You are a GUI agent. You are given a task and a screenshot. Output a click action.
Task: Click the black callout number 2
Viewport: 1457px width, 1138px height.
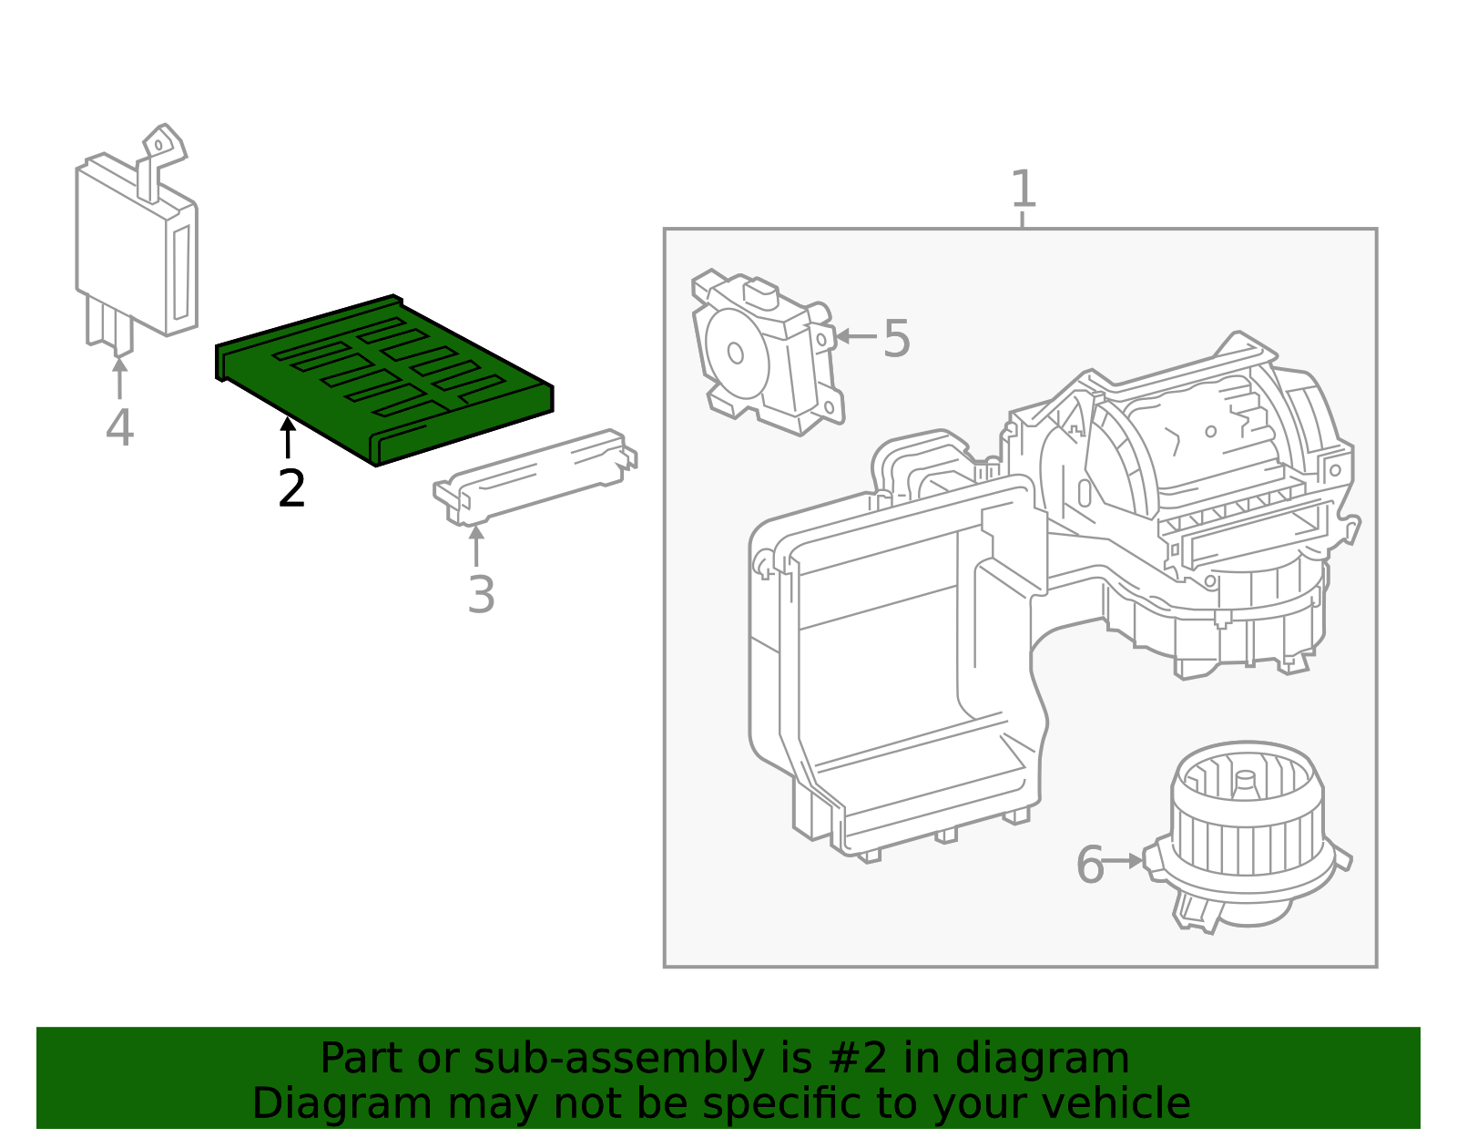point(291,489)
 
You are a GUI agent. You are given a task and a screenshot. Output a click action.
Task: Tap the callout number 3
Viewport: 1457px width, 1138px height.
point(481,595)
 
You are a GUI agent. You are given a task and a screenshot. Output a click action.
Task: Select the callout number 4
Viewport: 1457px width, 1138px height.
point(119,427)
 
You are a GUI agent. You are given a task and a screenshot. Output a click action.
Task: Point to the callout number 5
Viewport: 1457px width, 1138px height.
point(896,339)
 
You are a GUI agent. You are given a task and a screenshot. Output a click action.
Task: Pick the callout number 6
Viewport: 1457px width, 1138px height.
point(1089,864)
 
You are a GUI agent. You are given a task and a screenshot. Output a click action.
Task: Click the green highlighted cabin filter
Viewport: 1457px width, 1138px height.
point(382,378)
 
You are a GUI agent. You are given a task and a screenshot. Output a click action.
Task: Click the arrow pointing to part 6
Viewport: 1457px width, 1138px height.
point(1125,860)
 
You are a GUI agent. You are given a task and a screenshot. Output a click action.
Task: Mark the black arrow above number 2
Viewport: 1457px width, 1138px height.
point(288,436)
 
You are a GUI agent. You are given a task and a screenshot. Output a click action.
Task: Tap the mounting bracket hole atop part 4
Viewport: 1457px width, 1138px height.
point(158,145)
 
